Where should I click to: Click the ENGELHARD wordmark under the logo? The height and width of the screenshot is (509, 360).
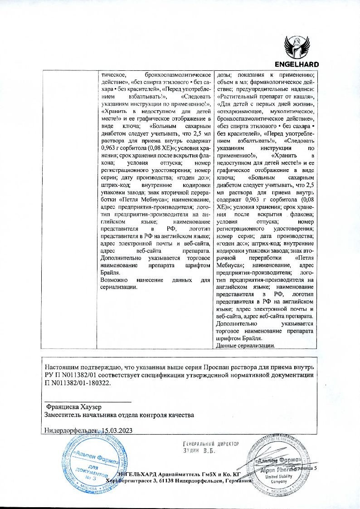tap(297, 64)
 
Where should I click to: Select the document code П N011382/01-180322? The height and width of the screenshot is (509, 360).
tap(78, 382)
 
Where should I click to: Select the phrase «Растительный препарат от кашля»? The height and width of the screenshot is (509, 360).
tap(265, 97)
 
